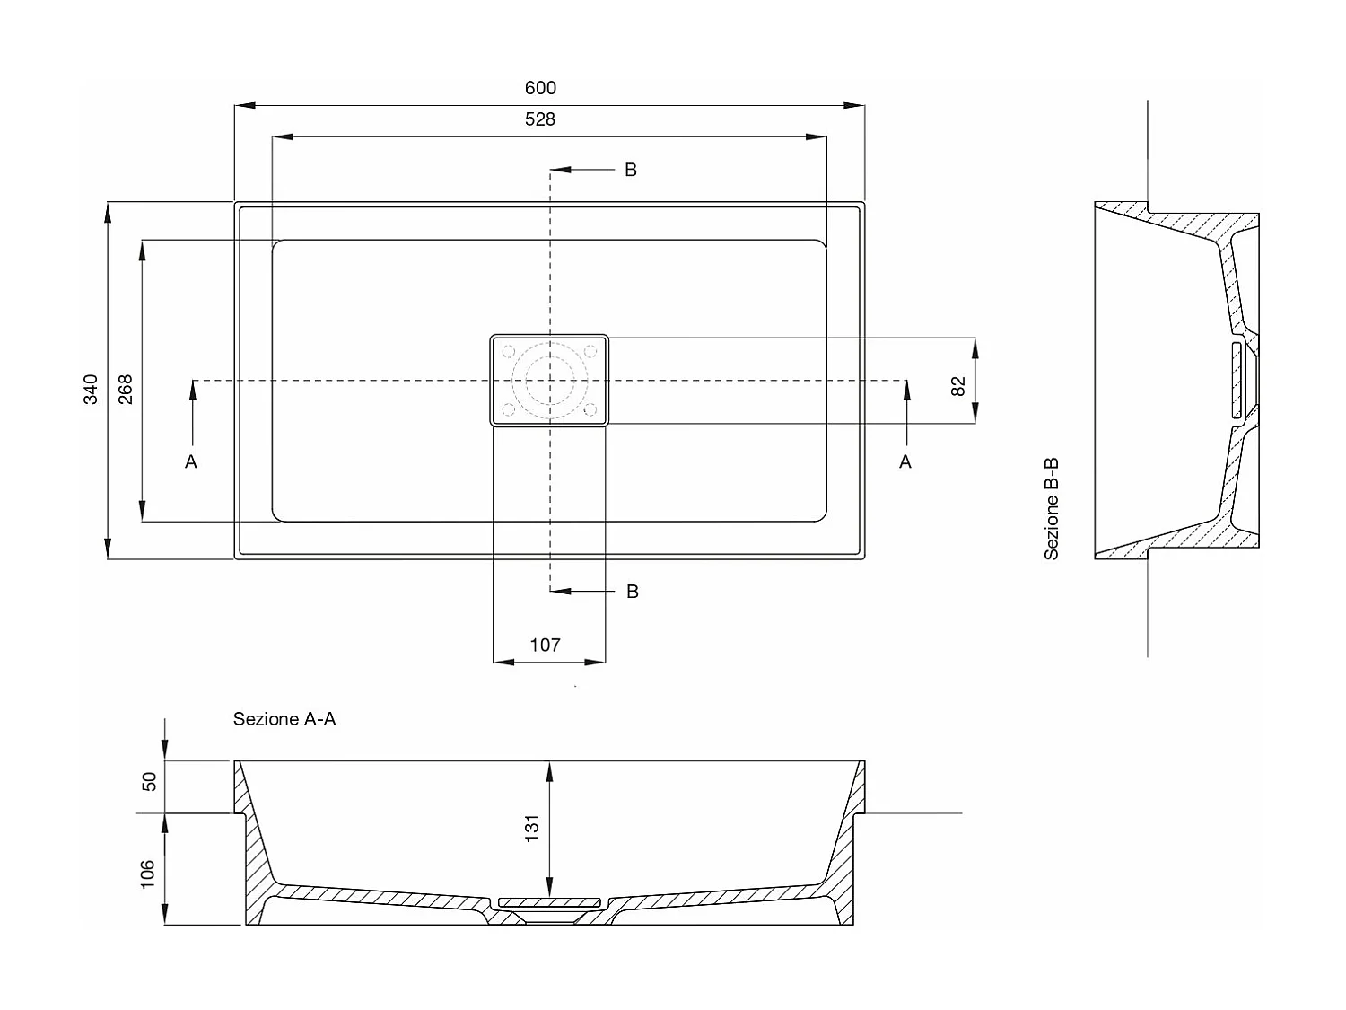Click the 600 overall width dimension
coord(540,88)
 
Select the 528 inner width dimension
coord(540,119)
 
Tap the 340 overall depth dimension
coord(91,390)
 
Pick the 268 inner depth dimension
coord(125,390)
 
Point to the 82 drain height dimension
coord(957,386)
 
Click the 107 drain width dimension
coord(546,645)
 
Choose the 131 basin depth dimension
coord(531,828)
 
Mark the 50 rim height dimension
coord(150,782)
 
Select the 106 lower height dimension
coord(148,874)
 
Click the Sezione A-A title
coord(284,719)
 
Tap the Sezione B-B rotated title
coord(1052,509)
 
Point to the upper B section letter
coord(631,170)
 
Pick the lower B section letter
coord(633,592)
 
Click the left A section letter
coord(191,461)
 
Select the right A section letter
coord(905,461)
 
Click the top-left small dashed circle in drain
coord(509,351)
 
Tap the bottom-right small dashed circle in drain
coord(590,409)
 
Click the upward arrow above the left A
coord(193,412)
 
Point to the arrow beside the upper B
coord(582,170)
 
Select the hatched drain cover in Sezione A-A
coord(549,902)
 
